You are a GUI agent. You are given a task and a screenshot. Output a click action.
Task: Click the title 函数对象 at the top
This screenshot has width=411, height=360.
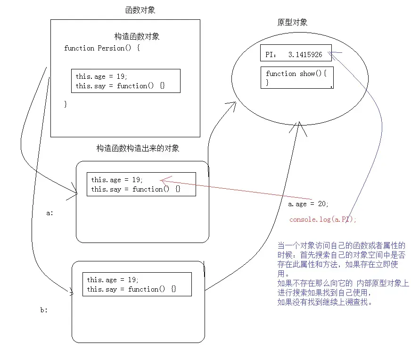140,10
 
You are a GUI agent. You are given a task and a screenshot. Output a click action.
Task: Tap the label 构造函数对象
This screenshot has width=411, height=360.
137,36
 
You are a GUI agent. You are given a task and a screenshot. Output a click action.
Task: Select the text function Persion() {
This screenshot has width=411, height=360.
102,48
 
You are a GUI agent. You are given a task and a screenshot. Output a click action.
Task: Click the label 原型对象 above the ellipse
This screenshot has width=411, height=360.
293,22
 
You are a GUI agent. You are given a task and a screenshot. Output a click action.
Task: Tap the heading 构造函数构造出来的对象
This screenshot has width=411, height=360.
138,148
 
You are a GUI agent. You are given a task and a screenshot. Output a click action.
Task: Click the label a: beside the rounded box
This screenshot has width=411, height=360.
50,213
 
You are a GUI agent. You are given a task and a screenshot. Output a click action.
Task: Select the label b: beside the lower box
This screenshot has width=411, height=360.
44,310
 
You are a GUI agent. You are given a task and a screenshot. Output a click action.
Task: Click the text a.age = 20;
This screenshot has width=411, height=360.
308,204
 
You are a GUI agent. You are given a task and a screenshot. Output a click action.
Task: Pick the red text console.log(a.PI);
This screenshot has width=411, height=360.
323,219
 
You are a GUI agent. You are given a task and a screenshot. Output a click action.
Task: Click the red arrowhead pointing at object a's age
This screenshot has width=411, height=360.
163,180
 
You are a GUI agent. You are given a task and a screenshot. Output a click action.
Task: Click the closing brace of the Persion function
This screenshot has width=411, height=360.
66,104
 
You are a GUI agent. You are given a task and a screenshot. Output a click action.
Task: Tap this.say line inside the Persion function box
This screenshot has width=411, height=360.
120,86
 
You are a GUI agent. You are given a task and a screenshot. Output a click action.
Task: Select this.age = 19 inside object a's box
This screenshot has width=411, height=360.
116,180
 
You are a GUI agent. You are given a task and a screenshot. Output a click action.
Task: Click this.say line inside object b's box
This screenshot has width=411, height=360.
131,289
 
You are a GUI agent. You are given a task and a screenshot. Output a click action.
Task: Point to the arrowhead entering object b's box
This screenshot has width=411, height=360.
72,293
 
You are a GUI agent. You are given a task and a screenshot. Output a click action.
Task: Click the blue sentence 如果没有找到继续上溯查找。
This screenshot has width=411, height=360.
325,302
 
